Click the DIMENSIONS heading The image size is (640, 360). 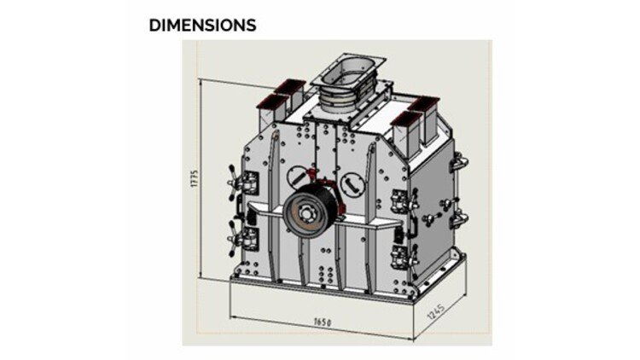202,26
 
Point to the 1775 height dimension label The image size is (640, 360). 195,179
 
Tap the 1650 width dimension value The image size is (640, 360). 323,322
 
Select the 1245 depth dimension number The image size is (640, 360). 436,312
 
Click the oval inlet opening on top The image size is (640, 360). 348,69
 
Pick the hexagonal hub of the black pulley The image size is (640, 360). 305,212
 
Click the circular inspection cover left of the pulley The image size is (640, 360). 298,177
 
